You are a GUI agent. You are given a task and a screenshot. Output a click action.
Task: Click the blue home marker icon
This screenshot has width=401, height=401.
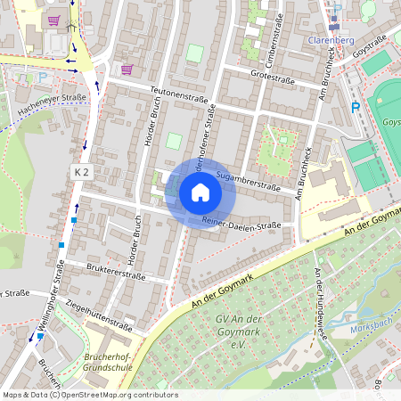[200, 192]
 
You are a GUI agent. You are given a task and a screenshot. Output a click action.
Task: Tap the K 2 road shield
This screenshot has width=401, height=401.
[82, 169]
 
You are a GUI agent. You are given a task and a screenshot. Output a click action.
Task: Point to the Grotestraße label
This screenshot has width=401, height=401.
[273, 76]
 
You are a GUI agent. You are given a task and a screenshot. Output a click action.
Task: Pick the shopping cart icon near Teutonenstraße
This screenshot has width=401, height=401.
[127, 69]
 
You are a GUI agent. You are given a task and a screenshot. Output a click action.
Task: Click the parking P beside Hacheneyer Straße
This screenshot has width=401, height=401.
[42, 78]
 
